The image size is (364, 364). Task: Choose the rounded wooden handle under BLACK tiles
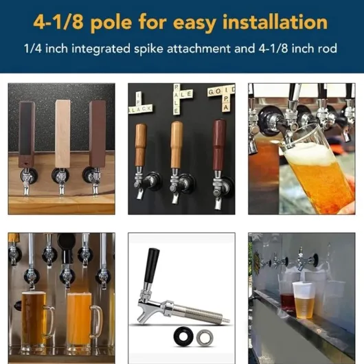pos(141,145)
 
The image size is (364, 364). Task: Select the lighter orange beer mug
pos(81,320)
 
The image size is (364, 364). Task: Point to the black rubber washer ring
pos(183,337)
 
